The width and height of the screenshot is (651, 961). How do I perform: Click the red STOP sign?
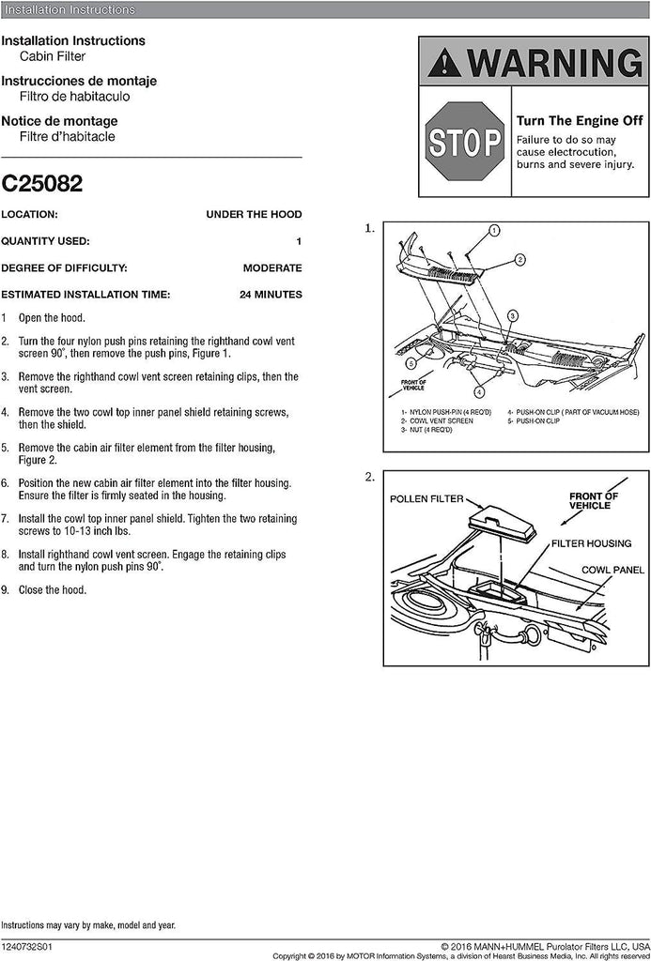464,142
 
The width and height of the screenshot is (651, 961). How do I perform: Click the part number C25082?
41,183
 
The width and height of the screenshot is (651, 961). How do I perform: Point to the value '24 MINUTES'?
271,295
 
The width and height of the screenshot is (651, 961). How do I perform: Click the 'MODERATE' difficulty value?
272,267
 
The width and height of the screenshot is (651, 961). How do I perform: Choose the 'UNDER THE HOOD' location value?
254,214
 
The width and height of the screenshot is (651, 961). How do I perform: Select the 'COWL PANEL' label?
612,570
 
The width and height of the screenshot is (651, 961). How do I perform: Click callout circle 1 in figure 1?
494,230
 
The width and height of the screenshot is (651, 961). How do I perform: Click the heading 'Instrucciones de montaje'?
79,81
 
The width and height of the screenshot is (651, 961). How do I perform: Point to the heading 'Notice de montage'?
59,121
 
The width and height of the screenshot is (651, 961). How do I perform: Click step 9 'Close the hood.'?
54,590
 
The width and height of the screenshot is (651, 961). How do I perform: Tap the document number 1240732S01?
29,948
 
